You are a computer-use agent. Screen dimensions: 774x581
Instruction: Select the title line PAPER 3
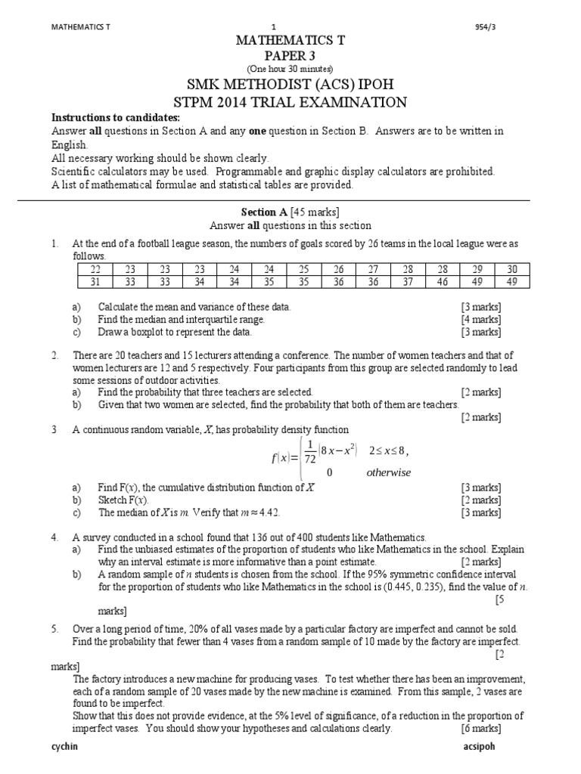click(290, 55)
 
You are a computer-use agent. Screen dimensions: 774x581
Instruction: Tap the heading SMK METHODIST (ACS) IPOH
click(290, 84)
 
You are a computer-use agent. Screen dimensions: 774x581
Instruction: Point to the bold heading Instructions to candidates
click(115, 118)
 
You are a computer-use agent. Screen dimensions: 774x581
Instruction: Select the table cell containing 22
click(95, 270)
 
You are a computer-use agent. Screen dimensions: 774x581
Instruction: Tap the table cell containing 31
click(95, 282)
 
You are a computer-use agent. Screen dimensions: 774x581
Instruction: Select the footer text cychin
click(64, 746)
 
